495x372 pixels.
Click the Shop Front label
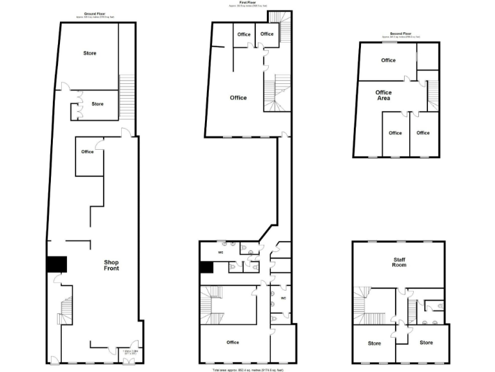click(x=111, y=265)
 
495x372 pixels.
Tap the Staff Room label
click(x=399, y=262)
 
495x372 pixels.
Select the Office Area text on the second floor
click(x=383, y=96)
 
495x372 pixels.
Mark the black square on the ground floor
click(x=57, y=264)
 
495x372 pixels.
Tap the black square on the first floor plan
click(x=206, y=267)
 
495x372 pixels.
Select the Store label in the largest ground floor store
click(x=90, y=53)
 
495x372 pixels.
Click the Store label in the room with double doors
click(x=97, y=104)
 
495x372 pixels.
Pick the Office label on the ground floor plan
click(x=88, y=152)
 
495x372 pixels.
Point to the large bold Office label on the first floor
click(x=238, y=98)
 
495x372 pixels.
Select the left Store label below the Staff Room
click(x=374, y=343)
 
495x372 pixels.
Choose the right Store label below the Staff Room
click(x=426, y=342)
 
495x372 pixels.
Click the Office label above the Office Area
click(x=388, y=61)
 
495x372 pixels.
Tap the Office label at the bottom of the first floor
click(x=233, y=342)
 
